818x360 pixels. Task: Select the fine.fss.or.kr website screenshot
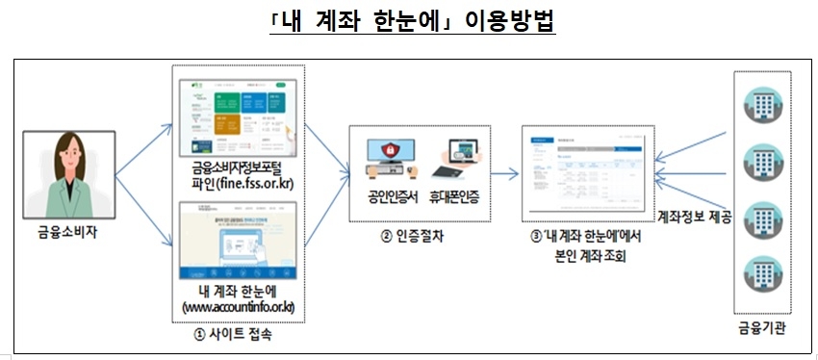coord(239,115)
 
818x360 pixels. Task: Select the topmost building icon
coord(760,101)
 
